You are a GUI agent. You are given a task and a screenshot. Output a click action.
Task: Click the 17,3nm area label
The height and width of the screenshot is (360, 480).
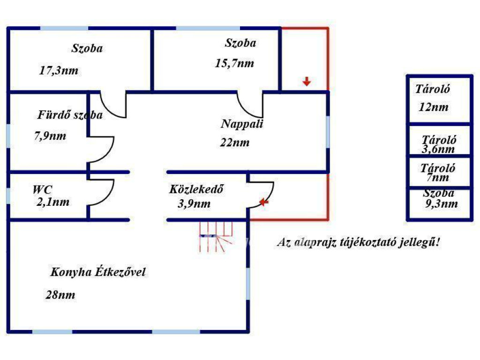(x=59, y=71)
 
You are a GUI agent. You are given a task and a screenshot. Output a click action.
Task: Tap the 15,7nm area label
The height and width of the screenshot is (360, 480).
(x=234, y=63)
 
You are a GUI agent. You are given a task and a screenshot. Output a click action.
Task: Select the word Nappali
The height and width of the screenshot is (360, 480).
(x=242, y=124)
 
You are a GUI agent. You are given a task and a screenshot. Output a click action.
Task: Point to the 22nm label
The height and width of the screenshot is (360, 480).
(x=235, y=142)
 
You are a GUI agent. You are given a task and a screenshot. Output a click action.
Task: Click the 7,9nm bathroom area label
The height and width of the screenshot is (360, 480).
(x=50, y=135)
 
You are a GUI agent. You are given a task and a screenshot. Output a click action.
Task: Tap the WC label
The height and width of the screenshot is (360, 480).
(x=43, y=190)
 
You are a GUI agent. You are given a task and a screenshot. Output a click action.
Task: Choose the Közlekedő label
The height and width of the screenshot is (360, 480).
(x=196, y=189)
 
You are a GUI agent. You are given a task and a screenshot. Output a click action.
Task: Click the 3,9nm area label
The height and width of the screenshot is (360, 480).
(x=194, y=203)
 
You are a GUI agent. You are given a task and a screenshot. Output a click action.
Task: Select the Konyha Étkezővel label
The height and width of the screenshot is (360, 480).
(x=98, y=272)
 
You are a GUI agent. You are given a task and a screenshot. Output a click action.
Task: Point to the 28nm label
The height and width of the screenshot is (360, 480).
(x=60, y=295)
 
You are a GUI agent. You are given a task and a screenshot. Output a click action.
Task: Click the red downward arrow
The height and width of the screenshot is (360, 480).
(x=307, y=82)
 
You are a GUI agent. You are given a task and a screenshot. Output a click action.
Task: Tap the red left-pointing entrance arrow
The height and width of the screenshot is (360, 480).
(x=264, y=202)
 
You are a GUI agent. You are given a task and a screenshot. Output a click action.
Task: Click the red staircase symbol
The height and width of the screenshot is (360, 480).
(x=216, y=237)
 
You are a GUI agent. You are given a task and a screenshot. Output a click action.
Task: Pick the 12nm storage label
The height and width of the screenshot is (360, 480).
(x=434, y=107)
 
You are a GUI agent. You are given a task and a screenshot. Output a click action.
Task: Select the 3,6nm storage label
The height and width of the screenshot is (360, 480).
(x=438, y=149)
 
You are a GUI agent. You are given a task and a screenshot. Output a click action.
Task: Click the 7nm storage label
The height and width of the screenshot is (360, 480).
(x=438, y=177)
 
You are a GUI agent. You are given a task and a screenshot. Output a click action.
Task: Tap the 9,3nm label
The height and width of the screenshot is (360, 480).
(x=442, y=203)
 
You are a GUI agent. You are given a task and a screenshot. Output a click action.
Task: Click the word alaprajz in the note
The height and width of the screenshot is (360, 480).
(x=315, y=243)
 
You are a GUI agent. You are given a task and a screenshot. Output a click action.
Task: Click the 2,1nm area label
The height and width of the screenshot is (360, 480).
(x=53, y=202)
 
